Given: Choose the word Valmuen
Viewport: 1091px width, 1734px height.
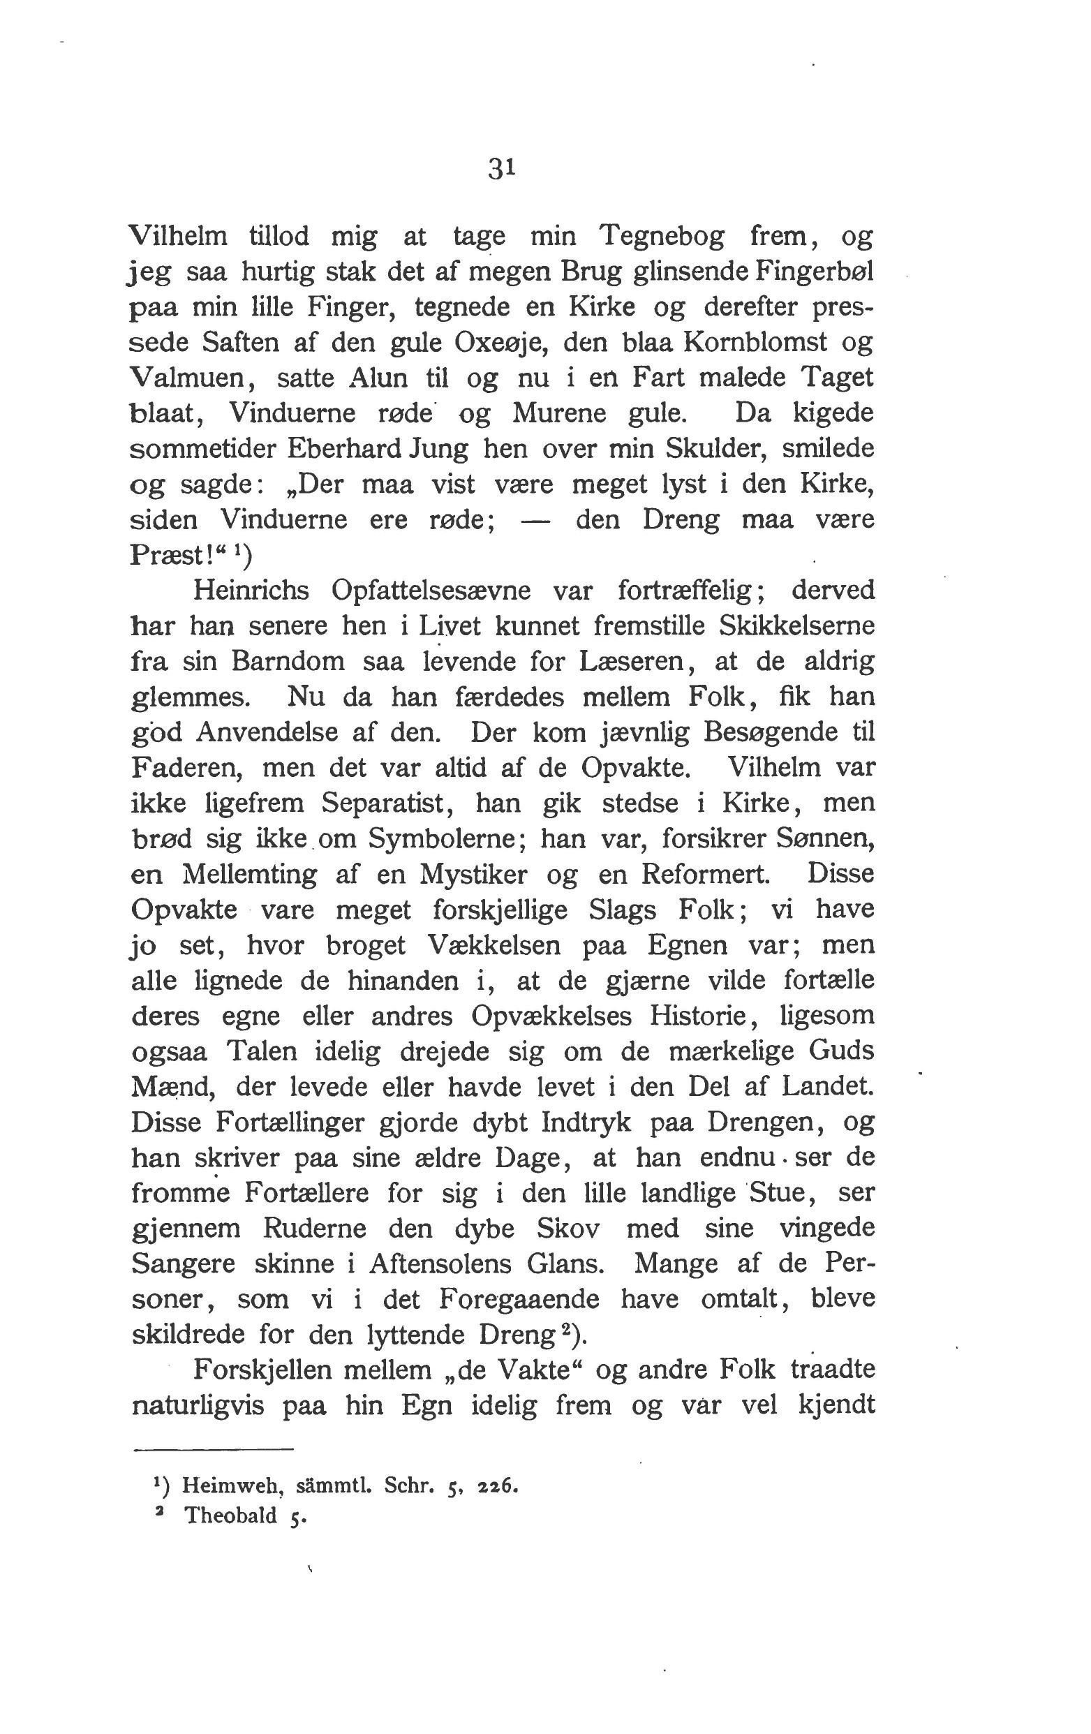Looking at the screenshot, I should pyautogui.click(x=186, y=378).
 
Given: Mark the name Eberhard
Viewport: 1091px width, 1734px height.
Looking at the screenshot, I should pyautogui.click(x=338, y=448).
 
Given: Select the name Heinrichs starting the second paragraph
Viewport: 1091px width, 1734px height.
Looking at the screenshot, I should pyautogui.click(x=251, y=591).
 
